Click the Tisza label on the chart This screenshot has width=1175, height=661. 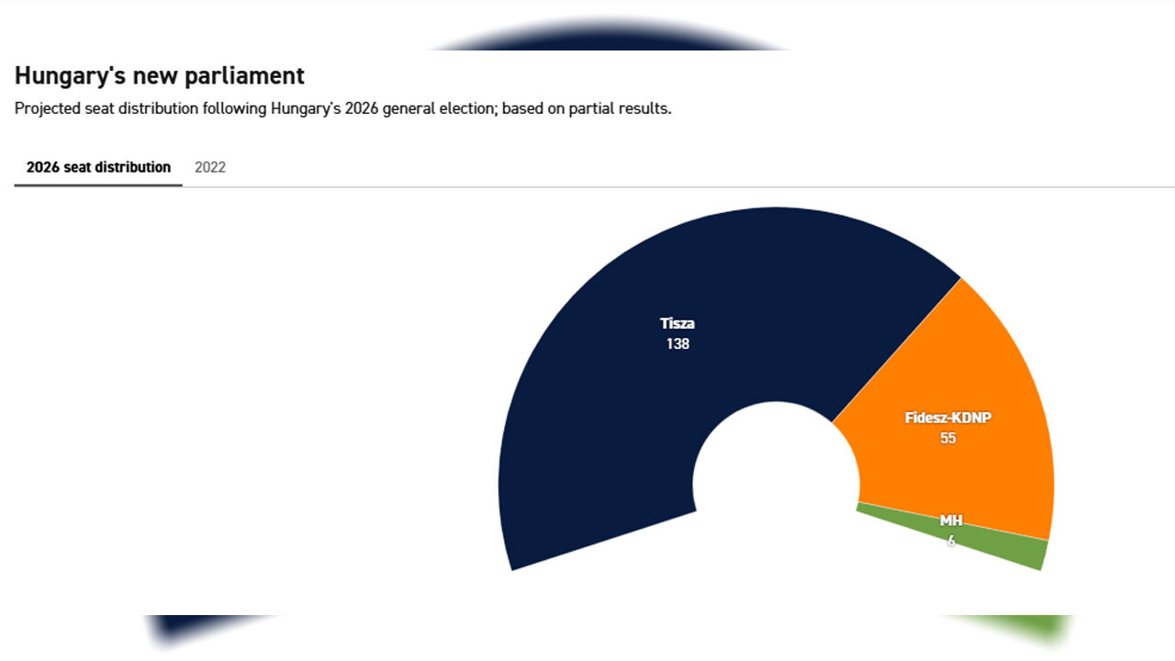[677, 324]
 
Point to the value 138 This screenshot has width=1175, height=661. [677, 344]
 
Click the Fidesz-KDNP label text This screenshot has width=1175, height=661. [948, 418]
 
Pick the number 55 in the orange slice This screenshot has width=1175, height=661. [948, 438]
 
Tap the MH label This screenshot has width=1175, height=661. [951, 521]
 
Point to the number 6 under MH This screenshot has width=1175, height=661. [951, 541]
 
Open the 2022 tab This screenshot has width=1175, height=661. [210, 167]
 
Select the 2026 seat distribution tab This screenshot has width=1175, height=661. [98, 167]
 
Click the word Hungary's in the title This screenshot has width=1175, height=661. [71, 76]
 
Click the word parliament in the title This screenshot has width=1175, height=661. [244, 76]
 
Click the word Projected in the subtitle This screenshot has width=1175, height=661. [47, 109]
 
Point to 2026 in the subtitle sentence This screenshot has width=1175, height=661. [362, 108]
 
